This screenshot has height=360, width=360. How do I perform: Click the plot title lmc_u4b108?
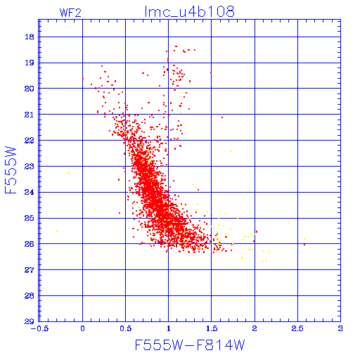point(189,12)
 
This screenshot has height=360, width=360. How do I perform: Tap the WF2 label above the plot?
point(70,13)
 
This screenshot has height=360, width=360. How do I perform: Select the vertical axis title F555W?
point(11,170)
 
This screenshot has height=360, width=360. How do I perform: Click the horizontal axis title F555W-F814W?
point(190,345)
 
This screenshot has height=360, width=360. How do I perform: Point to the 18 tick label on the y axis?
point(30,37)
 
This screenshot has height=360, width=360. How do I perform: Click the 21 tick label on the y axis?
point(29,115)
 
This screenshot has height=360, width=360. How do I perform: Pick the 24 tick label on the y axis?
point(29,192)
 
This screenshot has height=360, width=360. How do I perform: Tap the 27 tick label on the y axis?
point(29,270)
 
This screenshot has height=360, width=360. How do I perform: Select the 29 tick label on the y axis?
point(29,321)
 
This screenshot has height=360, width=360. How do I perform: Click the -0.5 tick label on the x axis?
point(39,328)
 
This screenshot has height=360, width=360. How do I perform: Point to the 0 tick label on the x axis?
point(82,328)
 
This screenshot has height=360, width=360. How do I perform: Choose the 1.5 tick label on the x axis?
point(212,328)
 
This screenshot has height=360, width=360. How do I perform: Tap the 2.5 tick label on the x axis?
point(297,328)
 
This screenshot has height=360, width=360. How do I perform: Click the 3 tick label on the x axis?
point(340,328)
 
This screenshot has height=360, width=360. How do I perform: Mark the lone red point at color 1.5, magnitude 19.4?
point(211,72)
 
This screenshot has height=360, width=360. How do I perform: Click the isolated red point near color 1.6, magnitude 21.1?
point(222,117)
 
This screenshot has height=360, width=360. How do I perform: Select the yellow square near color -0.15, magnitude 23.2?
point(68,173)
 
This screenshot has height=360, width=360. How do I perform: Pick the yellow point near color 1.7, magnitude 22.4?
point(231,151)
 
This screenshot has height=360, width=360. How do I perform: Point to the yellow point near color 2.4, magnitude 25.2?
point(288,223)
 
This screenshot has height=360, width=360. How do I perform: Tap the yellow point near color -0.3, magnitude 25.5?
point(57,231)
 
